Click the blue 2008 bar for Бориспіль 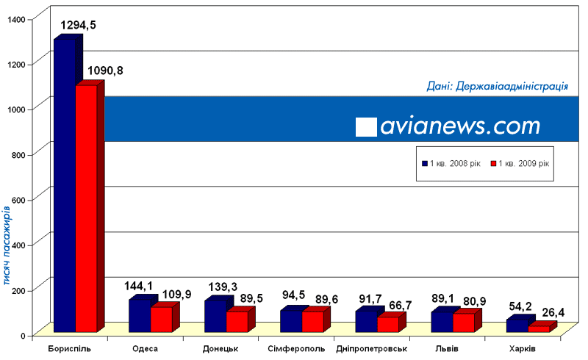(x=64, y=184)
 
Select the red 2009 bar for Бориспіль (x=86, y=209)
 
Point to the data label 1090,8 (x=106, y=71)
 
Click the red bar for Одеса (x=161, y=320)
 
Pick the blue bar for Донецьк (x=215, y=316)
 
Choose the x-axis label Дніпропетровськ (x=370, y=348)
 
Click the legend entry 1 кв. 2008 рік (x=451, y=163)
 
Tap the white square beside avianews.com (x=366, y=126)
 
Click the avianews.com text (x=460, y=126)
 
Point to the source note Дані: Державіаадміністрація (x=497, y=87)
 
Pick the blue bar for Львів (x=440, y=322)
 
